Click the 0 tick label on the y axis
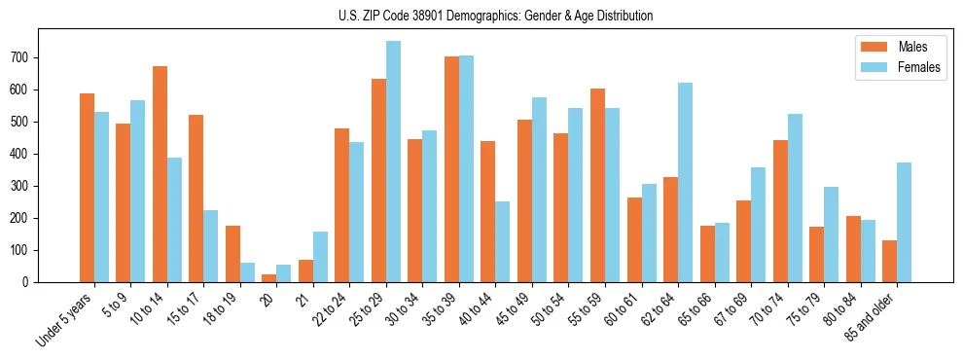pyautogui.click(x=29, y=282)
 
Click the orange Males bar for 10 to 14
pyautogui.click(x=160, y=175)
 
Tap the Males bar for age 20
pyautogui.click(x=269, y=278)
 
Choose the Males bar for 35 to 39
pyautogui.click(x=451, y=169)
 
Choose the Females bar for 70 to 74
pyautogui.click(x=795, y=198)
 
